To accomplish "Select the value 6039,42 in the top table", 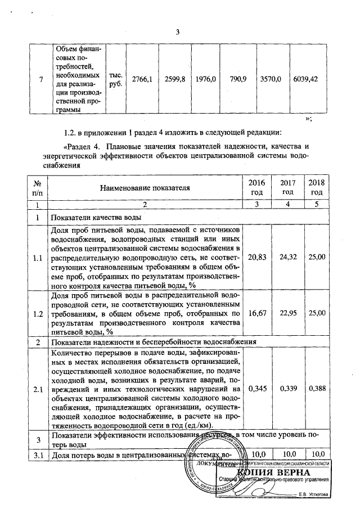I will coord(306,79).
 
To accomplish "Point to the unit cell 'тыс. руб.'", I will coord(115,79).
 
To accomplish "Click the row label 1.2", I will coord(37,313).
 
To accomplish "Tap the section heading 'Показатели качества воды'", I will coord(97,217).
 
